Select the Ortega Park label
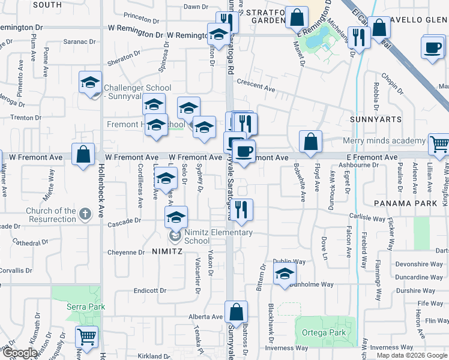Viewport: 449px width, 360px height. click(329, 332)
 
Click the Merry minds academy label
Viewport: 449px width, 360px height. click(384, 141)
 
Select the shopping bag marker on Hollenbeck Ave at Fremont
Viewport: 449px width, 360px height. click(83, 154)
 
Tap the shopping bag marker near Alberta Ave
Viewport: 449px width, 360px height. click(237, 312)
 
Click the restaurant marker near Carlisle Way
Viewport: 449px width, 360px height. click(243, 209)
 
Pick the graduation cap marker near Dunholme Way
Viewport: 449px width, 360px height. click(285, 275)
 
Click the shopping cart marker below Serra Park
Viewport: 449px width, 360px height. click(88, 337)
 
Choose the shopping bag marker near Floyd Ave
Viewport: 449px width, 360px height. click(310, 142)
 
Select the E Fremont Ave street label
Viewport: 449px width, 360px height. click(372, 157)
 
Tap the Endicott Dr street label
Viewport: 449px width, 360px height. click(149, 290)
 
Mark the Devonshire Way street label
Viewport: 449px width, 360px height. click(419, 264)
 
